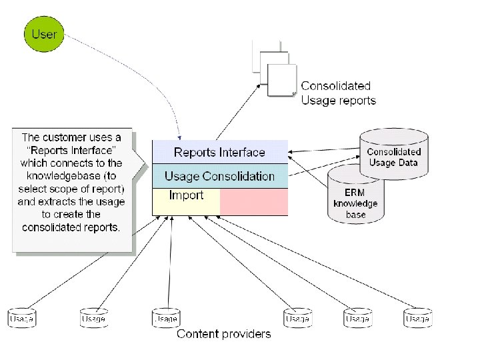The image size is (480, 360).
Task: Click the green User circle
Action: tap(45, 33)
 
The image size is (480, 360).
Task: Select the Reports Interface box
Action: tap(219, 152)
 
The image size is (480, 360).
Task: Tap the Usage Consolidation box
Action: tap(219, 176)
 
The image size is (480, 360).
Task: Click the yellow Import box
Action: tap(186, 201)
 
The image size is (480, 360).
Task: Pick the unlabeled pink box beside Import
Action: tap(254, 201)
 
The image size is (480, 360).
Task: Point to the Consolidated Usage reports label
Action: tap(338, 93)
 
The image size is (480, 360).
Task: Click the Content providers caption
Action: tap(223, 334)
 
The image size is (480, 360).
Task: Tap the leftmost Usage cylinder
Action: tap(22, 318)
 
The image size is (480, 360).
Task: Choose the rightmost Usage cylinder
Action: tap(417, 318)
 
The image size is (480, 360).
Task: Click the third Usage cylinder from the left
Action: tap(165, 318)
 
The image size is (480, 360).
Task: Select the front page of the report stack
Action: tap(281, 81)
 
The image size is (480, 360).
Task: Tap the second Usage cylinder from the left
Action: tap(93, 318)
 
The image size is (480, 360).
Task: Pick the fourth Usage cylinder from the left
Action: tap(297, 318)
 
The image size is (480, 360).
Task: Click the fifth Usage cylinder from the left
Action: tap(357, 318)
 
